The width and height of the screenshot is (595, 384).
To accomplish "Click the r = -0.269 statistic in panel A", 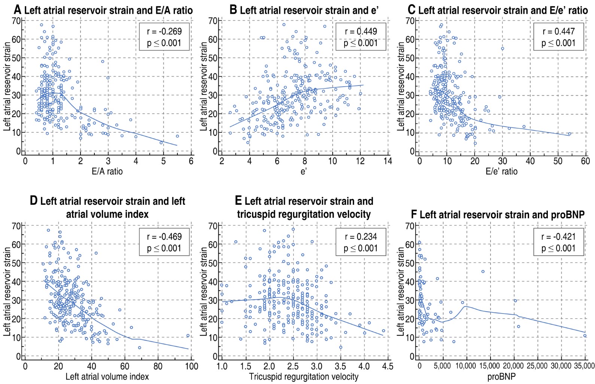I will (x=164, y=31).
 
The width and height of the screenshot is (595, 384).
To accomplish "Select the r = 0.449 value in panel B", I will (x=361, y=31).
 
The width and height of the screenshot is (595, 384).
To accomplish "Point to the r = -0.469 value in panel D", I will (x=164, y=237).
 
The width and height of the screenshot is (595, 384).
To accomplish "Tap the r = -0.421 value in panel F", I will (x=558, y=237).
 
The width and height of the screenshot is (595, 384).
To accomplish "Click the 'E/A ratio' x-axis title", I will (x=107, y=172).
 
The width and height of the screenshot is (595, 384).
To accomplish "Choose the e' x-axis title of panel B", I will (x=304, y=172).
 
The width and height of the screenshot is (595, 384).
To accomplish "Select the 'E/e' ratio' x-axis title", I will (x=501, y=172).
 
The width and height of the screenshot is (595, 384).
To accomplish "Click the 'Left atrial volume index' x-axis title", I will (x=107, y=376).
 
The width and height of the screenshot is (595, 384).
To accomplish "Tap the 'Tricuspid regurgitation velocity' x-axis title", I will (x=304, y=376).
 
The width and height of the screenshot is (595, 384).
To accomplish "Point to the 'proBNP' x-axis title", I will (x=501, y=376).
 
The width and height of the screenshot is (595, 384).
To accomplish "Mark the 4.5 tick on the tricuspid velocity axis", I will (x=388, y=366).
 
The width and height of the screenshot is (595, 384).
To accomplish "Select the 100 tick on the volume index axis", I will (x=191, y=366).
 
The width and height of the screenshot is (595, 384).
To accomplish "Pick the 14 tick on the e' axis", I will (x=388, y=161).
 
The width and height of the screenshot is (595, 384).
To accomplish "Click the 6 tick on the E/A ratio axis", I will (x=191, y=161).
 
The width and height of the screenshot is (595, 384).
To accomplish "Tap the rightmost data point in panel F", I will (x=585, y=336).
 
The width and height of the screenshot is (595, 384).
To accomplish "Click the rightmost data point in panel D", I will (x=188, y=336).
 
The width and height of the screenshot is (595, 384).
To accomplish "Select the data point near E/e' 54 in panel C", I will (x=570, y=134).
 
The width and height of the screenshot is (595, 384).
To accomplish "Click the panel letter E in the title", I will (x=238, y=201).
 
